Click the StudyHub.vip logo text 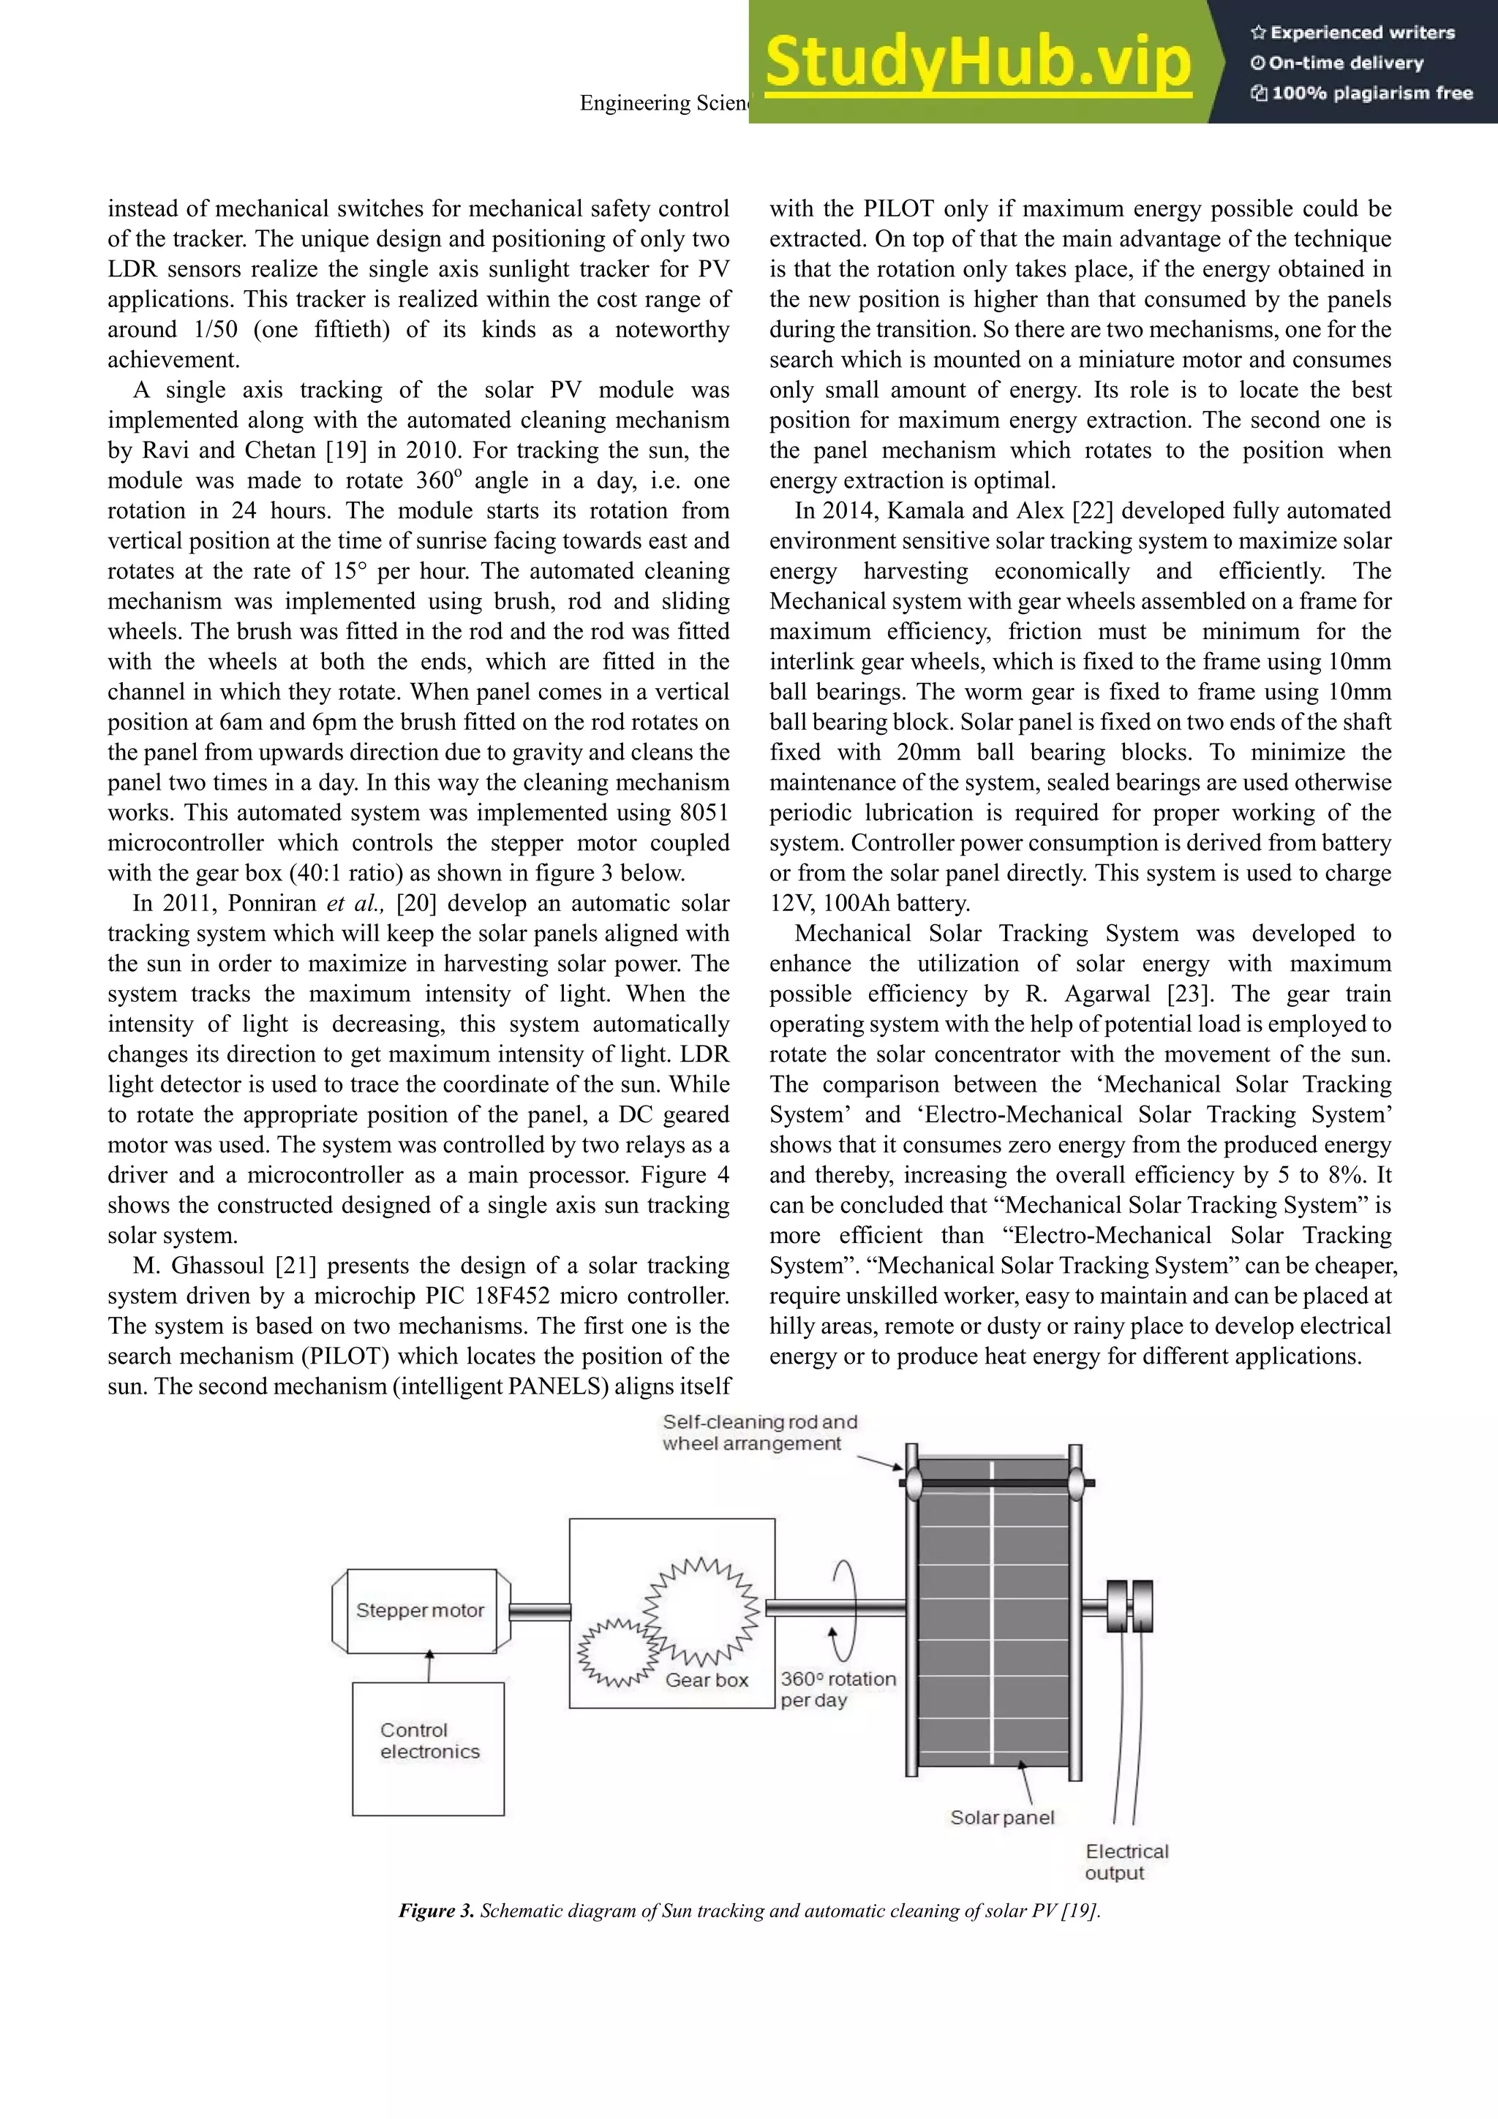point(979,62)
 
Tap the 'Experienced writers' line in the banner point(1352,32)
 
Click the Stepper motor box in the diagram point(421,1611)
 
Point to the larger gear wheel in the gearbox point(702,1606)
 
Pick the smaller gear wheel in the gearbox point(614,1651)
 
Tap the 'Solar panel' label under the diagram point(1001,1817)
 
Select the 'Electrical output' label point(1125,1862)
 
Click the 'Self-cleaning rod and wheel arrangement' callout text point(759,1432)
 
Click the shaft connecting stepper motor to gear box point(539,1612)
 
